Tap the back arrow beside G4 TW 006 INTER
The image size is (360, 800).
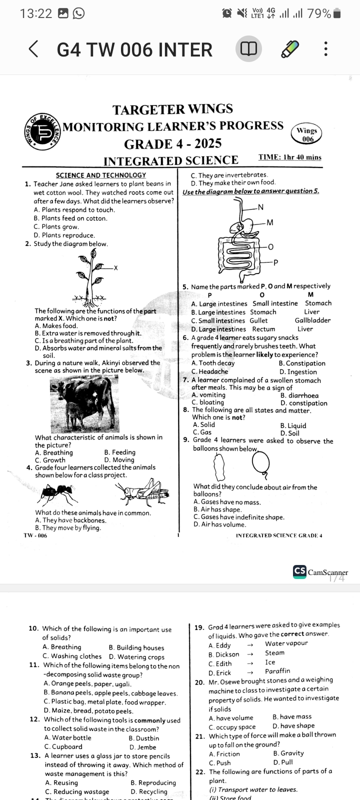[x=33, y=49]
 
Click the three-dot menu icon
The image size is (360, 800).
[x=326, y=49]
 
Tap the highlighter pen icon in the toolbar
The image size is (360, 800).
[x=289, y=49]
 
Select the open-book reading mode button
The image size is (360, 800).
[x=248, y=49]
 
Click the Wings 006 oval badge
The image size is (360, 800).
[x=307, y=134]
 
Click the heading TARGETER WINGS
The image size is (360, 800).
[x=172, y=109]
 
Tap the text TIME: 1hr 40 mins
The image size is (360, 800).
[x=289, y=157]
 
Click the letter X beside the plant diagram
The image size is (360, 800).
[x=115, y=268]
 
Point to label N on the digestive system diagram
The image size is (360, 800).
[x=260, y=207]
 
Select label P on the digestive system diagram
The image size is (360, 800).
[x=275, y=262]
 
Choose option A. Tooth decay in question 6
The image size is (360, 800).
[x=213, y=363]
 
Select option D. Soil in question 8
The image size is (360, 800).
[x=289, y=433]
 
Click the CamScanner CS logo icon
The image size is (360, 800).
[x=300, y=572]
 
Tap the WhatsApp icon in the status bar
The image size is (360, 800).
[x=78, y=13]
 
